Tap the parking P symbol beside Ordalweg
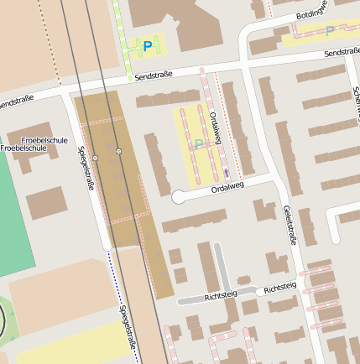point(199,143)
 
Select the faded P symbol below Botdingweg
point(329,31)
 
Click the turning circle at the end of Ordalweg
point(178,197)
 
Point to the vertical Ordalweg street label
point(216,128)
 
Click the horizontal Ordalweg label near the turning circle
point(227,189)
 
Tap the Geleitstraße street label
point(291,224)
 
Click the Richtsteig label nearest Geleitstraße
point(279,288)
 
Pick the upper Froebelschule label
point(44,139)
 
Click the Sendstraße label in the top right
point(342,53)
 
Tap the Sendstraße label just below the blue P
point(154,75)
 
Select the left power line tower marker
point(96,158)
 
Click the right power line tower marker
point(119,151)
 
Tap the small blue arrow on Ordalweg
point(226,173)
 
